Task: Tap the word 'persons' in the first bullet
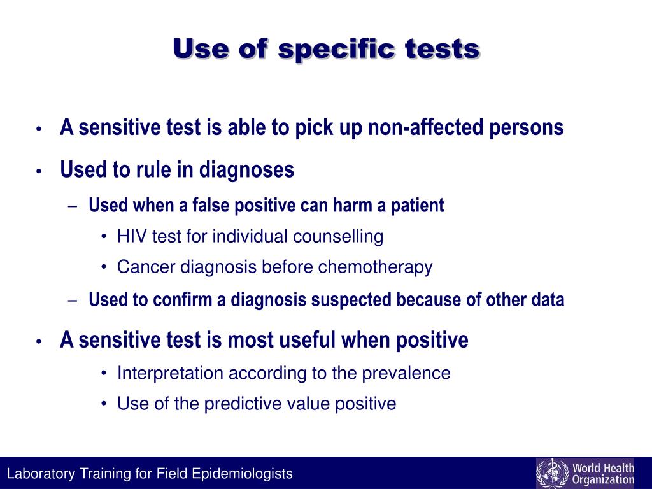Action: point(527,128)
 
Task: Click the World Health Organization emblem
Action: point(551,473)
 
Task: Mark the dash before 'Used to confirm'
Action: point(74,301)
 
